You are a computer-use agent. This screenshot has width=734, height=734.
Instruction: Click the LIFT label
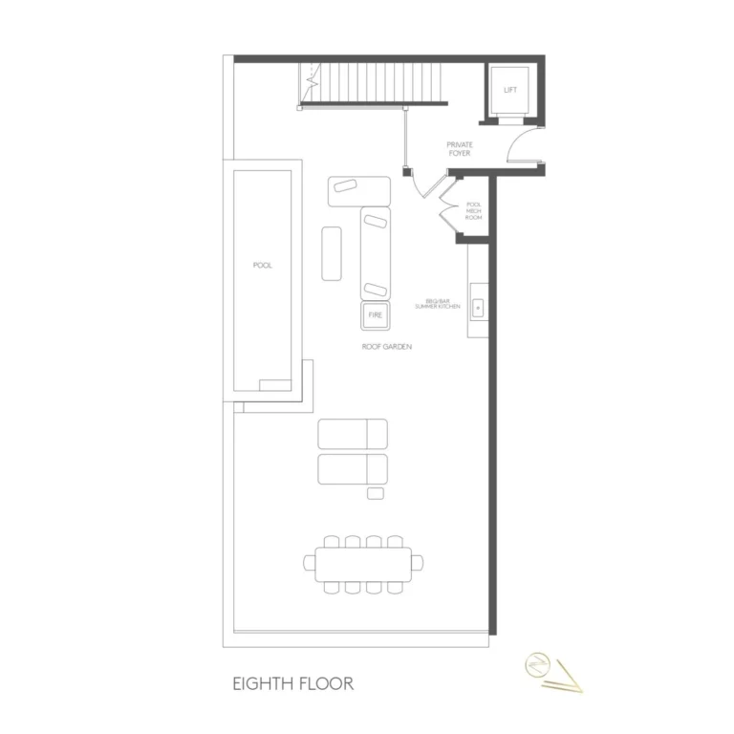point(510,90)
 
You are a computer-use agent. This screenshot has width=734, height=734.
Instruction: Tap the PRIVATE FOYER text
point(459,149)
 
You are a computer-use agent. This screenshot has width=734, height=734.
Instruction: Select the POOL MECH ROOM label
point(474,211)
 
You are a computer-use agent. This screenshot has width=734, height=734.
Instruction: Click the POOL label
point(262,266)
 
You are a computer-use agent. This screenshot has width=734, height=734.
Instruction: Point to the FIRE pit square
point(375,315)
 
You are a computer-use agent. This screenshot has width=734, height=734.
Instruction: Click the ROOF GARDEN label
point(387,347)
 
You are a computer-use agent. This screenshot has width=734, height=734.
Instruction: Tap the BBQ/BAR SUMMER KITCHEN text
point(438,304)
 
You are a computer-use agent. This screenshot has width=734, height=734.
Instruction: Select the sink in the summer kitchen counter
point(478,308)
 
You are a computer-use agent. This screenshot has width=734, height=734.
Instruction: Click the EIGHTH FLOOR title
point(293,684)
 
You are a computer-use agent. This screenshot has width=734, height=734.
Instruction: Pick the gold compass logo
point(553,672)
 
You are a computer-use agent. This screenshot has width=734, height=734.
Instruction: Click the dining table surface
point(363,565)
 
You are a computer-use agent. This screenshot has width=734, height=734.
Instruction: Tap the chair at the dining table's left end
point(310,563)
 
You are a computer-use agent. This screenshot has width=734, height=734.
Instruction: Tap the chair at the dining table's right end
point(418,563)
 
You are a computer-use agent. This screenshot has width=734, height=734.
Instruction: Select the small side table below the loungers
point(376,493)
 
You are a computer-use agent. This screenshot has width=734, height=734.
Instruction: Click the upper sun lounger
point(353,434)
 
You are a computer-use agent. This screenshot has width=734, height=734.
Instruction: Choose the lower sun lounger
point(353,469)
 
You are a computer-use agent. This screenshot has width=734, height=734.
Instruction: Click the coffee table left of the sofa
point(332,253)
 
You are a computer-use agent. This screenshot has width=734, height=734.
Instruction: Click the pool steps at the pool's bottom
point(275,385)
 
